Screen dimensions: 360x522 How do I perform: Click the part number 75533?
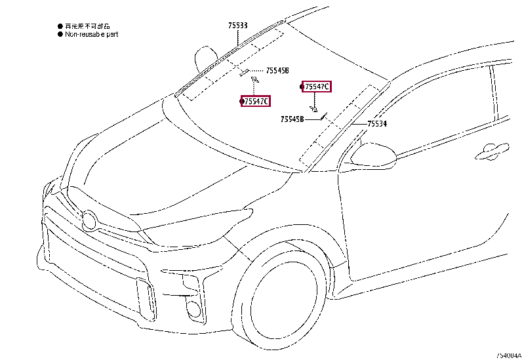pos(238,26)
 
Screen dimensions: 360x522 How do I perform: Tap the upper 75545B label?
pos(277,70)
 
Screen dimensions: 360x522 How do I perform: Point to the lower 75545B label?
pos(292,119)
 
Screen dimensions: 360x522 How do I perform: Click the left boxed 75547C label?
pos(256,102)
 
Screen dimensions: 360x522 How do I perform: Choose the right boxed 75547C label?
pos(317,87)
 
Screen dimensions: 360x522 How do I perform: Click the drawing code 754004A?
pos(508,355)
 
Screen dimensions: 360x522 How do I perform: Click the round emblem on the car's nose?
pos(89,220)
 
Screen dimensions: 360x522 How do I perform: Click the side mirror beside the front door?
pos(372,155)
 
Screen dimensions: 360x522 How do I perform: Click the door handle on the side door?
pos(492,151)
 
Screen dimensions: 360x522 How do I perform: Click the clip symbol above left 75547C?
pos(255,79)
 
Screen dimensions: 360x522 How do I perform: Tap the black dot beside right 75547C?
pos(302,87)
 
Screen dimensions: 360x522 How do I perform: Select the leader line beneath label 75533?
pos(238,38)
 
